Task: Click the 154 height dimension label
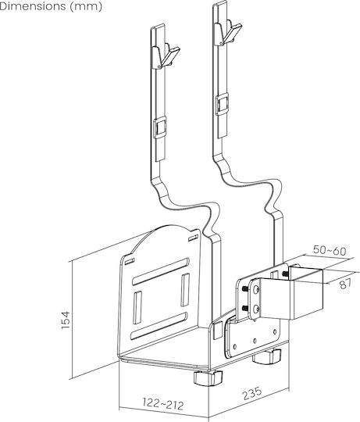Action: coord(66,320)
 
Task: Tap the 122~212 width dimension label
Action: coord(163,403)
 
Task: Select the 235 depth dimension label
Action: coord(252,393)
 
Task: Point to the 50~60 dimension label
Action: coord(330,251)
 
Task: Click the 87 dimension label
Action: coord(345,284)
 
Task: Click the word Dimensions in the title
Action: coord(33,6)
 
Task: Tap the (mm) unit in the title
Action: coord(86,7)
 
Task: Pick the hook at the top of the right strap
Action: coord(228,32)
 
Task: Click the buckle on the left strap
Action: coord(160,128)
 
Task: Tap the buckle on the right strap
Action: coord(223,103)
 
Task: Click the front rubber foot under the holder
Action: coord(208,377)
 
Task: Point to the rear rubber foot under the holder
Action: coord(267,356)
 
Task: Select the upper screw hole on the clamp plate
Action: coord(256,289)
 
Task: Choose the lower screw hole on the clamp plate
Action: coord(256,309)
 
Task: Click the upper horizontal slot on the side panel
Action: coord(161,270)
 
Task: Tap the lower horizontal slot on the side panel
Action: coord(159,326)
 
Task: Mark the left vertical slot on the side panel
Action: coord(137,307)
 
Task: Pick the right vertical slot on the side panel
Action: coord(185,290)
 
